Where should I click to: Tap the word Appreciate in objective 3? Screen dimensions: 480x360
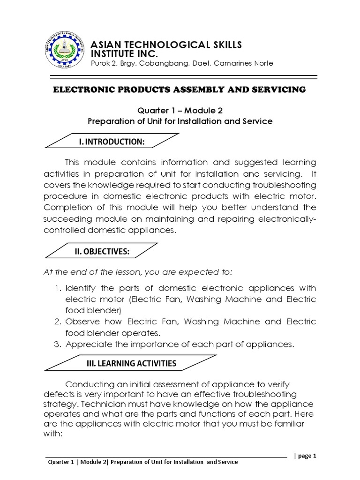click(x=86, y=345)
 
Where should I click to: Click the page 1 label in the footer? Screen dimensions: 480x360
click(x=308, y=456)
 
